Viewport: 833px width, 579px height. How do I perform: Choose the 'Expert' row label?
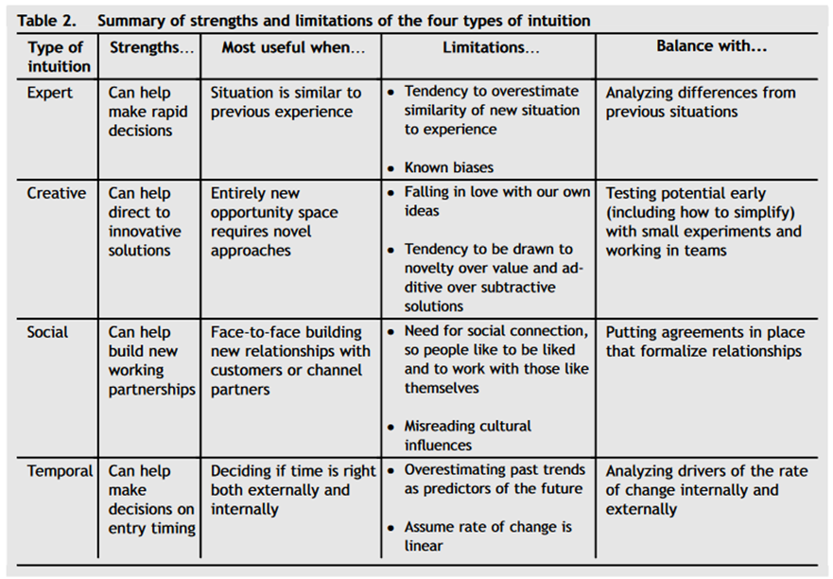point(50,93)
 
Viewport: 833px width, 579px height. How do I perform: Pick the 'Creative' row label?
point(57,193)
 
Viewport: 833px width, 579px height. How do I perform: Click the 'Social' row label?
point(48,333)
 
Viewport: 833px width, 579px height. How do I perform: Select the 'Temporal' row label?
point(61,471)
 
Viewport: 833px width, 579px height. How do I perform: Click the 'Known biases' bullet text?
point(449,167)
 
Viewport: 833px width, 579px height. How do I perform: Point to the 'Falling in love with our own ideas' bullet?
point(496,202)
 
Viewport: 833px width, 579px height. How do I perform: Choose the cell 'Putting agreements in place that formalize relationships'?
point(705,342)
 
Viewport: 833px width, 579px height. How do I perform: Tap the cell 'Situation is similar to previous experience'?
point(286,102)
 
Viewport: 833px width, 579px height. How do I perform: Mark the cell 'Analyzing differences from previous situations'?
point(701,102)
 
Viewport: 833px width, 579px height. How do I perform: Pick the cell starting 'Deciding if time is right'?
point(292,489)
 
